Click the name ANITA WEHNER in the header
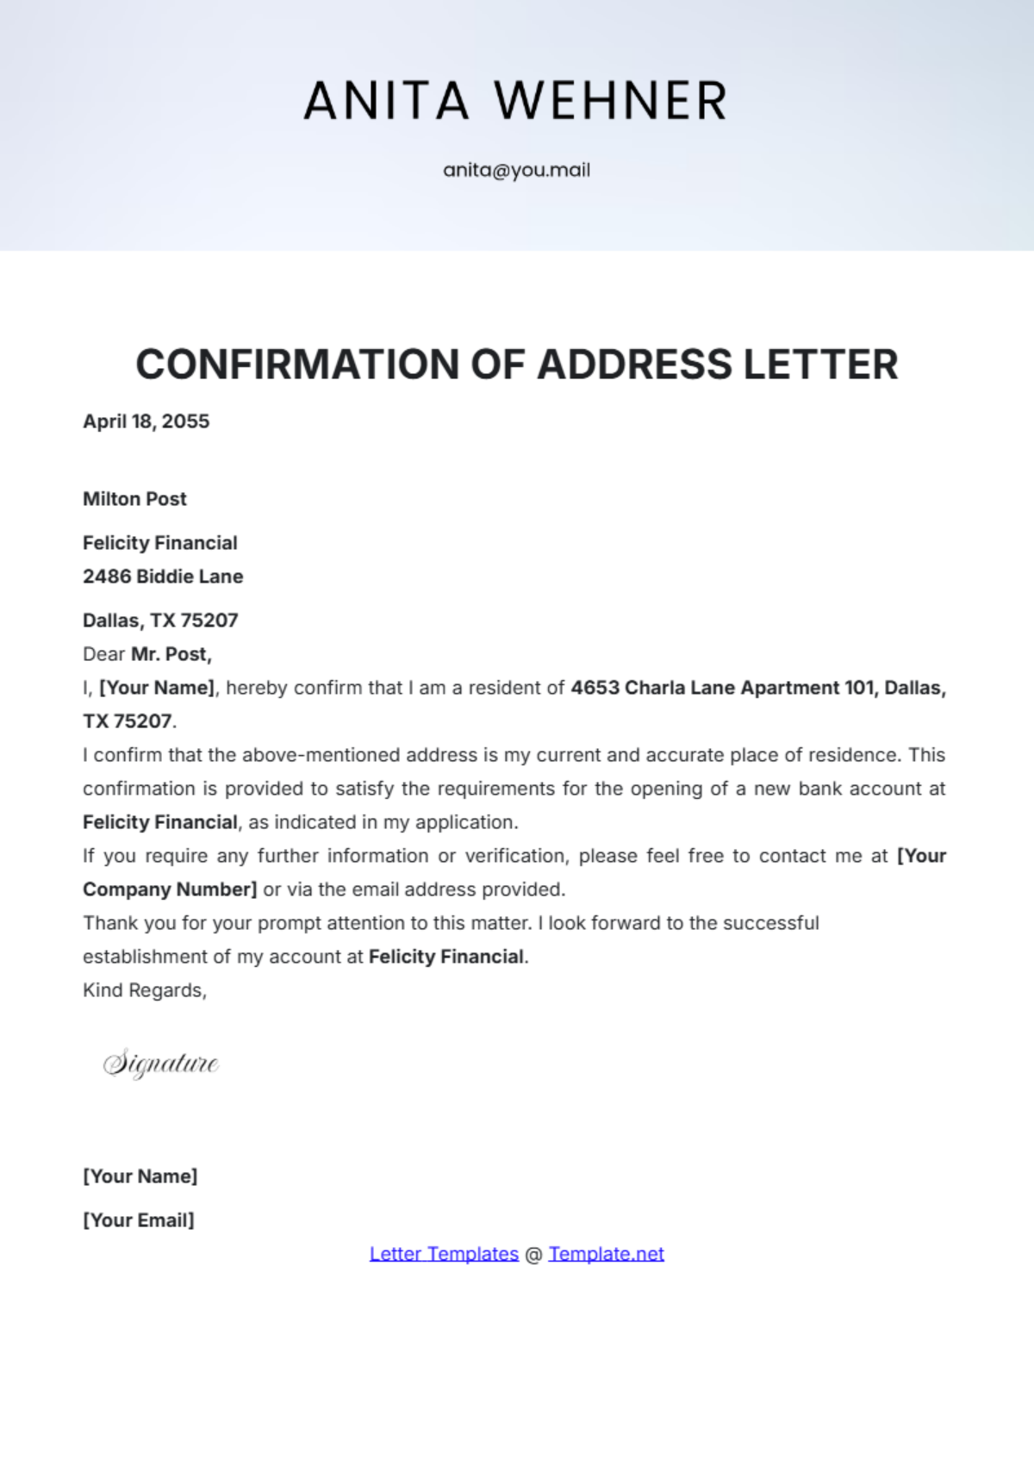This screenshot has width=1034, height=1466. (516, 100)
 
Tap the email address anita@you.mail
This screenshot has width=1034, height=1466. (516, 170)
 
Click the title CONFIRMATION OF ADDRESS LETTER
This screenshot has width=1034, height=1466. (516, 364)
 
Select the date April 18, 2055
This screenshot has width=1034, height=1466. (146, 421)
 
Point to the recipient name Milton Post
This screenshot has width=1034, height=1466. (134, 499)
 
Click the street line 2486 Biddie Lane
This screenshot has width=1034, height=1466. (163, 577)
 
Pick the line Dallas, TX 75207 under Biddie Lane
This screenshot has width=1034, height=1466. (160, 621)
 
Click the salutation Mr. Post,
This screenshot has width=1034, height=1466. (171, 654)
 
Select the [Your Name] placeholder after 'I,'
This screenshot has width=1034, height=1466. (157, 688)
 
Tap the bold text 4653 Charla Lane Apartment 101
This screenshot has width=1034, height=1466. (722, 688)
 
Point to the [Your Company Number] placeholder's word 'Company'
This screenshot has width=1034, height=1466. (126, 889)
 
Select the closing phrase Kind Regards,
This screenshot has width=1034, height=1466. (145, 990)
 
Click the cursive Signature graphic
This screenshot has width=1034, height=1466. (161, 1064)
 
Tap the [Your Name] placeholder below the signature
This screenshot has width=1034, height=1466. (140, 1176)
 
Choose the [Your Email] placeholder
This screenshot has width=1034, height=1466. (138, 1220)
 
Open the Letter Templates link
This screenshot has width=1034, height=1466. (444, 1254)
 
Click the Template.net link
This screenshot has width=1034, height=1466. (606, 1254)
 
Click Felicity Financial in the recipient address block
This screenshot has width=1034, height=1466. (159, 543)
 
